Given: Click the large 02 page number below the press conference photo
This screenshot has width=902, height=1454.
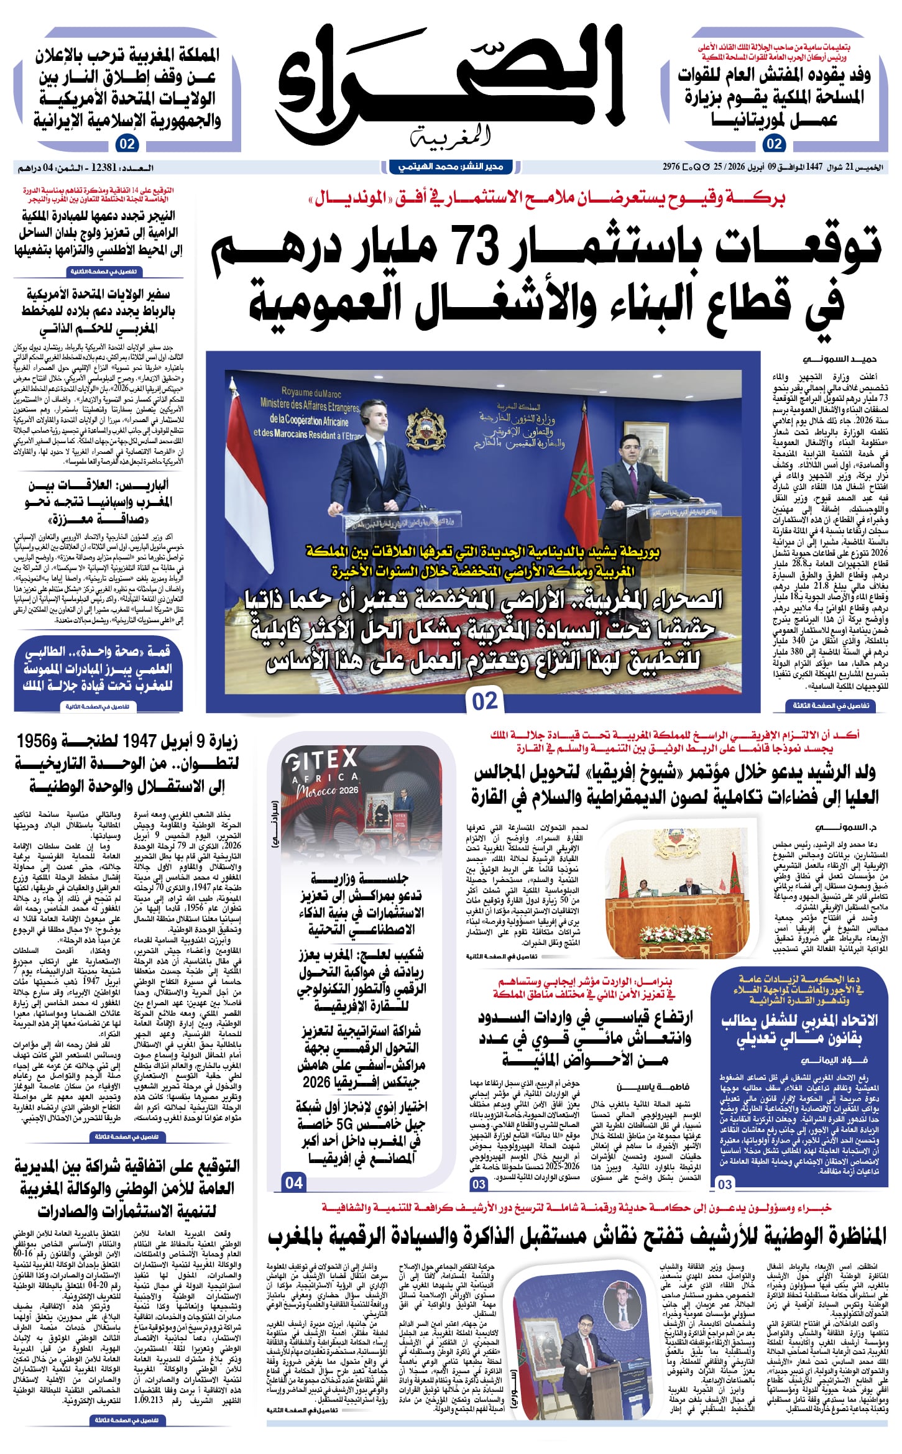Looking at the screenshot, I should (x=485, y=701).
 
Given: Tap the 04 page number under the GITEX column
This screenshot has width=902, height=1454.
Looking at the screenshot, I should (x=294, y=1182).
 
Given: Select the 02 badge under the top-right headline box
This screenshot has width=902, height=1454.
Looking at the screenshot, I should (x=774, y=144).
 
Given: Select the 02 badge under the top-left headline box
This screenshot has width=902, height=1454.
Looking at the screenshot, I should (x=126, y=144).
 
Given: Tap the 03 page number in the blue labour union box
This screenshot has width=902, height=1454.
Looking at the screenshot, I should (x=725, y=1184).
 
